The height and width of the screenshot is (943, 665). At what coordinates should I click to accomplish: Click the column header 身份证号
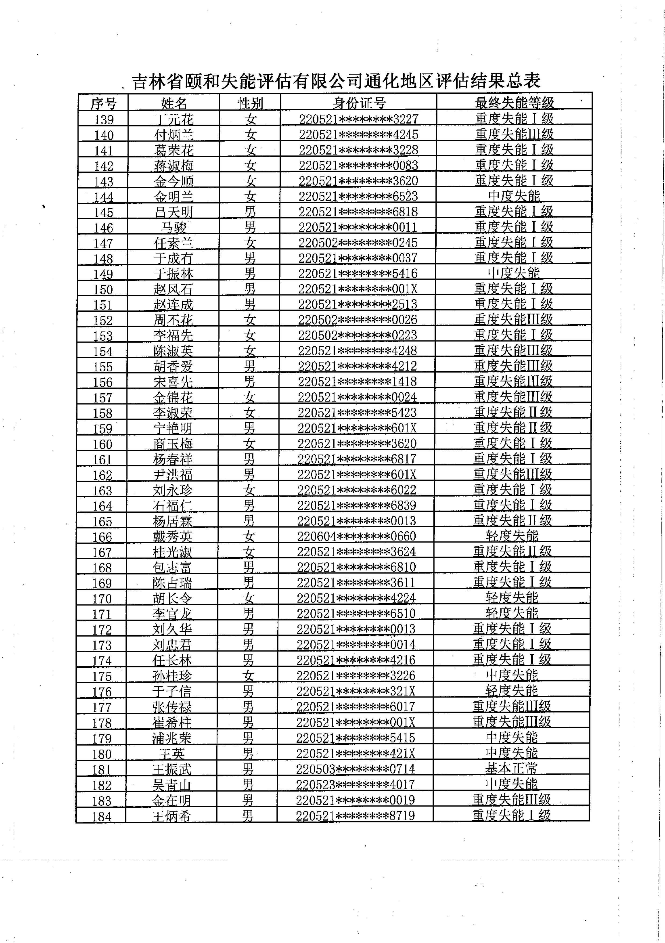point(359,103)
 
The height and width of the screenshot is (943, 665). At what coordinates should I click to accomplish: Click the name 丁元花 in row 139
point(174,119)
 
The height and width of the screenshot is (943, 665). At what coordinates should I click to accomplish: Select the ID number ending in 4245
point(358,134)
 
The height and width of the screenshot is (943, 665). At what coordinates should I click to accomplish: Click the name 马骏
point(174,227)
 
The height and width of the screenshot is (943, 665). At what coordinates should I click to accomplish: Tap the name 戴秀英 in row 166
point(172,536)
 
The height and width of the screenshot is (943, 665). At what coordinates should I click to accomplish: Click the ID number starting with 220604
point(356,536)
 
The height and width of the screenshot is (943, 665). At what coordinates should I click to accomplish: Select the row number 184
point(101,816)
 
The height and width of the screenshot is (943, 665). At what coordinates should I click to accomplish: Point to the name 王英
point(172,754)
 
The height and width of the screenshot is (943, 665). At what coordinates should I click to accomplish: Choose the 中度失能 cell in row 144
point(514,196)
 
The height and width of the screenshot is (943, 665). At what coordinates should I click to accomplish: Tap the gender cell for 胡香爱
point(250,366)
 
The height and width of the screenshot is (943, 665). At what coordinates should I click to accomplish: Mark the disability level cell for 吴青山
point(511,784)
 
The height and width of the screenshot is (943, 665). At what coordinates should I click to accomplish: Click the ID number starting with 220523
point(355,784)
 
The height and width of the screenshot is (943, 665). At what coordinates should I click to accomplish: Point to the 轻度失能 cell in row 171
point(511,613)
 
